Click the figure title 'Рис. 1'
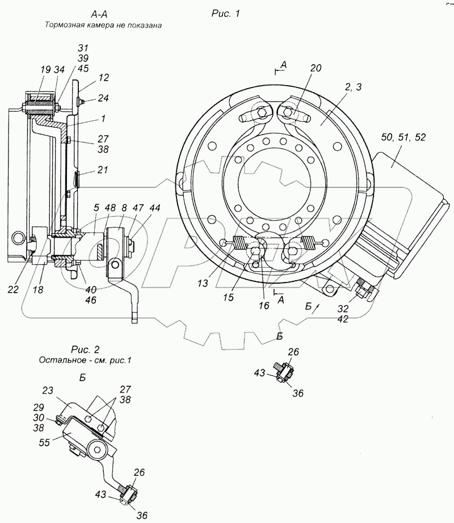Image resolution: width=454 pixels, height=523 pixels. coord(225,14)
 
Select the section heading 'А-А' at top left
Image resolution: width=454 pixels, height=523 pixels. coord(99,14)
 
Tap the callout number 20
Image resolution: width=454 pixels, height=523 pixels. coord(316,68)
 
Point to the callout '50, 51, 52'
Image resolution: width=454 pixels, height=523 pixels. coord(403,137)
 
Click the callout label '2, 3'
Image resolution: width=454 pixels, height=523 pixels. coord(353,87)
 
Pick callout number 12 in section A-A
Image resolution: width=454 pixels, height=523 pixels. coord(104,78)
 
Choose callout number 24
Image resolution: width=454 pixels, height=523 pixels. coord(103,98)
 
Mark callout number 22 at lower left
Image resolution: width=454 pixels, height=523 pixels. coord(13,289)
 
